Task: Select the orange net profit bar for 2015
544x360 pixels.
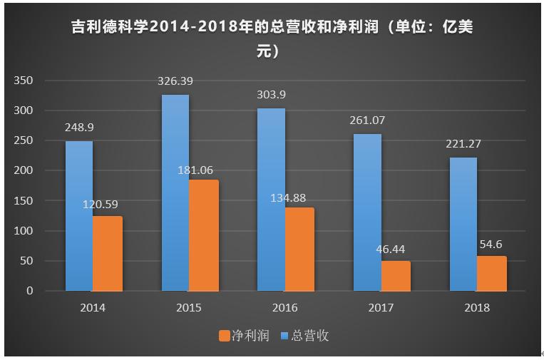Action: [203, 235]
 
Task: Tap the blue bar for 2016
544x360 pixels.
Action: [271, 200]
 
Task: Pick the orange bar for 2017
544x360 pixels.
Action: [396, 276]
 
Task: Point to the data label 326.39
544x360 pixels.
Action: [175, 81]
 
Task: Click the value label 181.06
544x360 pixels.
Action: [195, 170]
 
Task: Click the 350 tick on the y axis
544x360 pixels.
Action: [24, 81]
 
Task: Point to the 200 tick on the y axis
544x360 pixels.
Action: [24, 171]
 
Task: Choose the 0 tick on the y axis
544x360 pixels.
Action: [29, 291]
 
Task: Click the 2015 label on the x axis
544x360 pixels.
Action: [189, 308]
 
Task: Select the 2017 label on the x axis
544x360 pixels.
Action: [381, 308]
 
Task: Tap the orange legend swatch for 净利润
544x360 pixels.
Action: [224, 335]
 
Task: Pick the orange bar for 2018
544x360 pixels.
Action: [492, 273]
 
